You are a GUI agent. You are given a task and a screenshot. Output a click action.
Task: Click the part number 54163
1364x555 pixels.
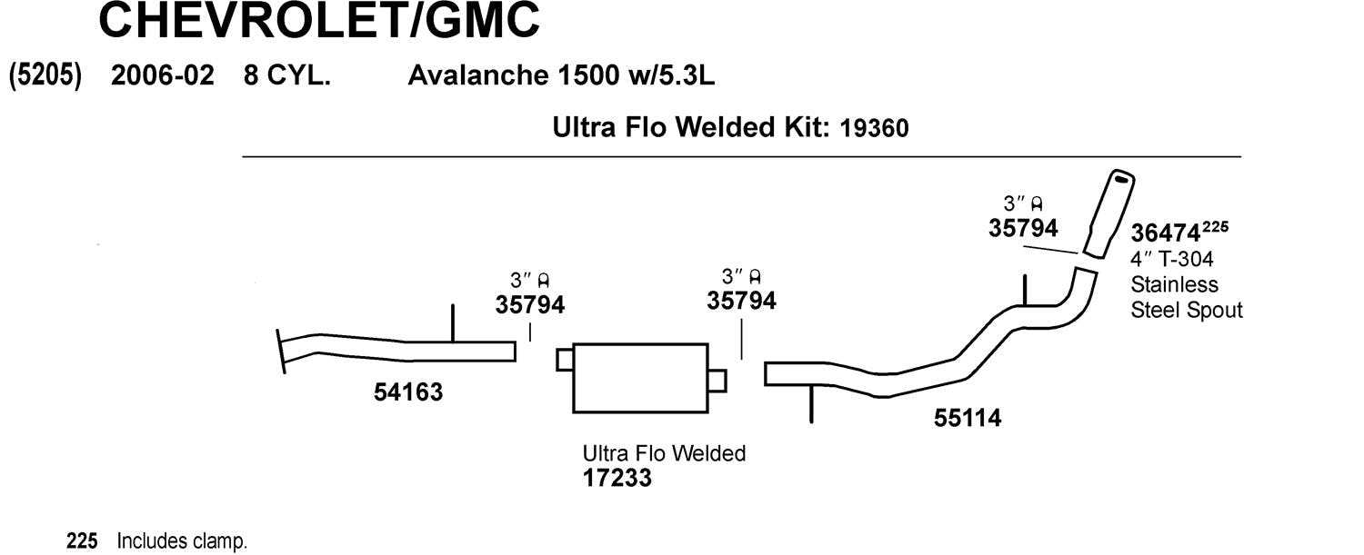tap(408, 391)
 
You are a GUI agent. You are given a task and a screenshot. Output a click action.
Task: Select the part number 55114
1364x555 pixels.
tap(968, 418)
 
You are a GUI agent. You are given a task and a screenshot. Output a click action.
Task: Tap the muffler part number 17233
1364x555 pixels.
tap(617, 478)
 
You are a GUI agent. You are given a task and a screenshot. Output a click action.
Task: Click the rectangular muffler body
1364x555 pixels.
tap(640, 378)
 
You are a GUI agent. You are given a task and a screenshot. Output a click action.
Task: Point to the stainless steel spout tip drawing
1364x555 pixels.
tap(1108, 213)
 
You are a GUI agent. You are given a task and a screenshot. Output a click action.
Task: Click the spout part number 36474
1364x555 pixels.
tap(1166, 233)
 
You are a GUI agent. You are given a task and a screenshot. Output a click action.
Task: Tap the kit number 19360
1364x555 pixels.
tap(874, 128)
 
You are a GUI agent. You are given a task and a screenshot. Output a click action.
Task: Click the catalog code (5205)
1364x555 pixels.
tap(45, 75)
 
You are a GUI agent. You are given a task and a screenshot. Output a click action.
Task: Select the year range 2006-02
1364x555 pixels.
tap(163, 75)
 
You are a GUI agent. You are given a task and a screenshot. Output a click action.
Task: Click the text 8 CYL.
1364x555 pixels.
tap(286, 75)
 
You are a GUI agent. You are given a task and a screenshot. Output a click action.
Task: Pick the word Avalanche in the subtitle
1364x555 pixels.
tap(478, 75)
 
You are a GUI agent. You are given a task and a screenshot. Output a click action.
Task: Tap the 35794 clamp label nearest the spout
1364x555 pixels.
tap(1023, 228)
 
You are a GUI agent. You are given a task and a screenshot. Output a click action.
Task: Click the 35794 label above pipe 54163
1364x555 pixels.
tap(530, 304)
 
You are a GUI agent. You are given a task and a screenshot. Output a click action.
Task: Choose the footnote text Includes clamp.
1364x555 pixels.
tap(182, 541)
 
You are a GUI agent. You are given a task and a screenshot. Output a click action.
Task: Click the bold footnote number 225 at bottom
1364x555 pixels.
tap(82, 541)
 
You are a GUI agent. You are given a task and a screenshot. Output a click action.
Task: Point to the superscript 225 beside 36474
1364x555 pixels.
tap(1216, 227)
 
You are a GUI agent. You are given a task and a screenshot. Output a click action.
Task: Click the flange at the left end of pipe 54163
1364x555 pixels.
tap(281, 352)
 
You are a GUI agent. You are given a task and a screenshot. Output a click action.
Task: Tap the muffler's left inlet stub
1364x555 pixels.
tap(565, 360)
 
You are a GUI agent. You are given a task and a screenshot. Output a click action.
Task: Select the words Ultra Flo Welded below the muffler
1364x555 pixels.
tap(665, 453)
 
